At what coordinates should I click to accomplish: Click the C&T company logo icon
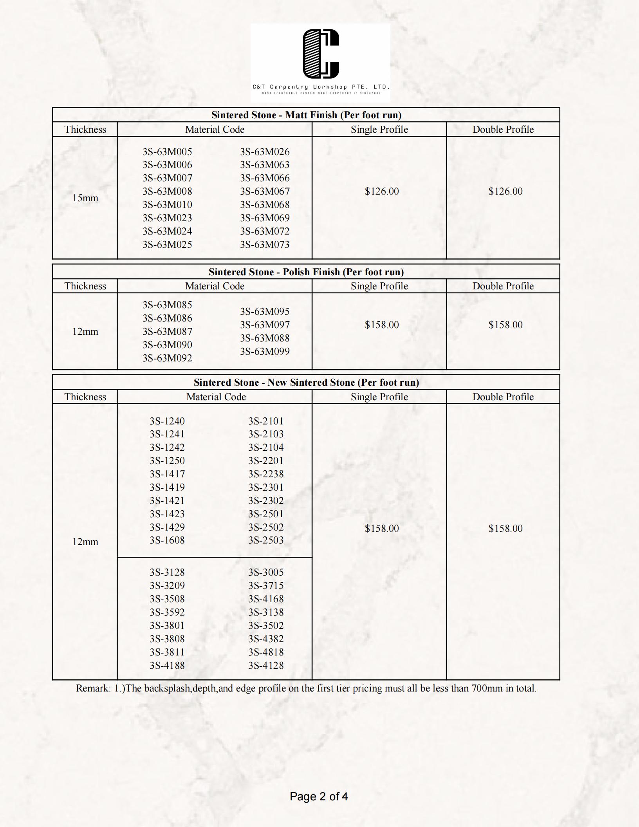(321, 54)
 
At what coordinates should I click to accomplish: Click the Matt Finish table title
(306, 115)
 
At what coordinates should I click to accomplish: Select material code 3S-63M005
(167, 152)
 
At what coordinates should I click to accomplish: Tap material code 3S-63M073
(265, 244)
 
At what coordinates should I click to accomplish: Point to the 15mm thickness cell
(85, 198)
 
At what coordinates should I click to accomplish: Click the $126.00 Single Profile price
(381, 191)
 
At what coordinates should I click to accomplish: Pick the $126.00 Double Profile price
(505, 191)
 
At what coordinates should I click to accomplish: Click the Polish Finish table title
(306, 272)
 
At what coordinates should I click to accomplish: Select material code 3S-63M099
(265, 351)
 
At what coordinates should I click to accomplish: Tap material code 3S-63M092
(167, 358)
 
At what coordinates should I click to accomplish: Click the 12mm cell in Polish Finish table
(85, 331)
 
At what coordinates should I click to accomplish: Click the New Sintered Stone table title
(306, 382)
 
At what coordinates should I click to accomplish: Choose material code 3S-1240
(167, 421)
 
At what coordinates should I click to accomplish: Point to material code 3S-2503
(265, 540)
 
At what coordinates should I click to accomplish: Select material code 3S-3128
(167, 572)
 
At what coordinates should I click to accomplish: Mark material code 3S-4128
(265, 665)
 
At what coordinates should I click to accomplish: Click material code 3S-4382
(265, 639)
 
